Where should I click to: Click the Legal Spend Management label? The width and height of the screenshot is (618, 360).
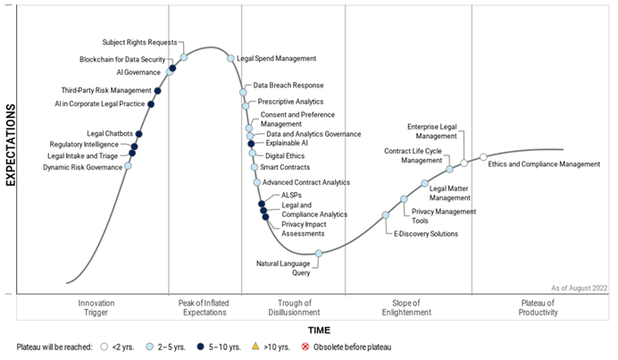point(277,59)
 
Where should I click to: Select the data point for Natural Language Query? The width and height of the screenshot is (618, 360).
point(319,254)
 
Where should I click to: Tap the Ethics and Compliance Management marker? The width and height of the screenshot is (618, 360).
point(483,157)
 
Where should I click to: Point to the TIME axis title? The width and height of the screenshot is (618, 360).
point(319,331)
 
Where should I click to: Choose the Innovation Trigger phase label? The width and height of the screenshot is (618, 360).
point(96,308)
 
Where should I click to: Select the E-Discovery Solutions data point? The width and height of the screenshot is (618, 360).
point(386,215)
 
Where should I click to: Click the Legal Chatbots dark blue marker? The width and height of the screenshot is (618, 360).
point(139,134)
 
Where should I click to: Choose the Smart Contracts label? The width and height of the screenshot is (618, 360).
point(285,167)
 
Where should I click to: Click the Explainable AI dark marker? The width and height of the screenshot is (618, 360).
point(252,143)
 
